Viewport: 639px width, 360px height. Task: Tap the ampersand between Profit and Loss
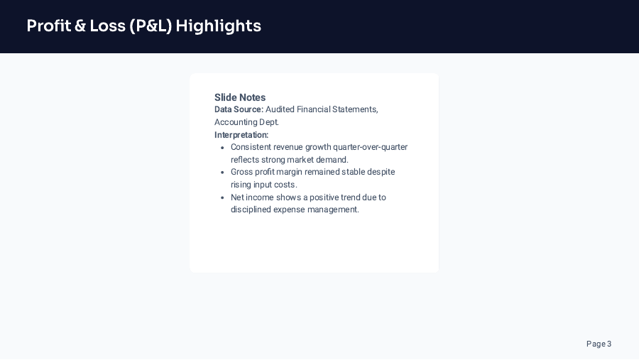click(x=80, y=26)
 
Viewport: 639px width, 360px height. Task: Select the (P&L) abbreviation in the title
click(x=151, y=26)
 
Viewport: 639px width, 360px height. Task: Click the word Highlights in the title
click(x=219, y=26)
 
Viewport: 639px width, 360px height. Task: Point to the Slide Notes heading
click(x=240, y=97)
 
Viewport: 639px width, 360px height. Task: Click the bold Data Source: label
click(x=239, y=109)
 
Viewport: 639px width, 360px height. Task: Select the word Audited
click(x=280, y=109)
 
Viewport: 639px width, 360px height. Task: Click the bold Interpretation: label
click(x=241, y=135)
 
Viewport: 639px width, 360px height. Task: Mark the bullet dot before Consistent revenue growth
click(x=222, y=148)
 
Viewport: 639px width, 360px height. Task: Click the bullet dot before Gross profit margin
click(x=222, y=173)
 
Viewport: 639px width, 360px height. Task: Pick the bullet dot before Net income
click(x=222, y=197)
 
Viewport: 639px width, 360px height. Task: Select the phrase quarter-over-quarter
click(x=370, y=147)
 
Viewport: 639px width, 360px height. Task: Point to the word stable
click(x=354, y=172)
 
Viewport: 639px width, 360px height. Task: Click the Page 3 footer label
click(x=599, y=344)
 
